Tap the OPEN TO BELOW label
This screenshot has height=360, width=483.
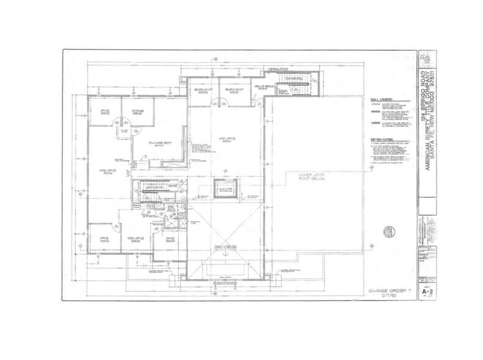[x=225, y=248]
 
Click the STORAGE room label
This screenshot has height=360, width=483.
[x=138, y=111]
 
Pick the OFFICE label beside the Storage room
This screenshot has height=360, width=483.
[x=105, y=111]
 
